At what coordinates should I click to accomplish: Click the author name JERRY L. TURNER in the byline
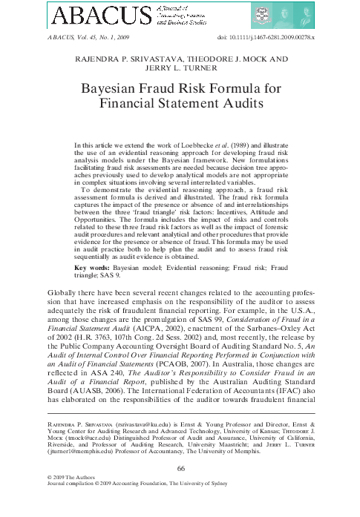click(x=180, y=68)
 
